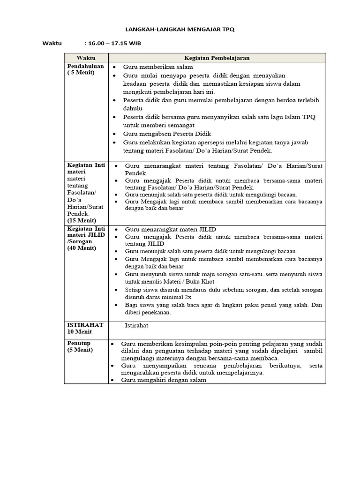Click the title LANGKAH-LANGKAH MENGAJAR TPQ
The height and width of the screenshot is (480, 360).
point(180,29)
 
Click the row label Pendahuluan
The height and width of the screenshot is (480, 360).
point(85,67)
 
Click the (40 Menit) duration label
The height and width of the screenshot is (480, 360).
point(82,248)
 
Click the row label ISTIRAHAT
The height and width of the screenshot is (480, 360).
point(85,325)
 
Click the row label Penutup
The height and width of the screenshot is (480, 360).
point(78,343)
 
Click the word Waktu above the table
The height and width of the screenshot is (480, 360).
point(52,44)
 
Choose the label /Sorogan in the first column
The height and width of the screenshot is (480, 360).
point(80,241)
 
